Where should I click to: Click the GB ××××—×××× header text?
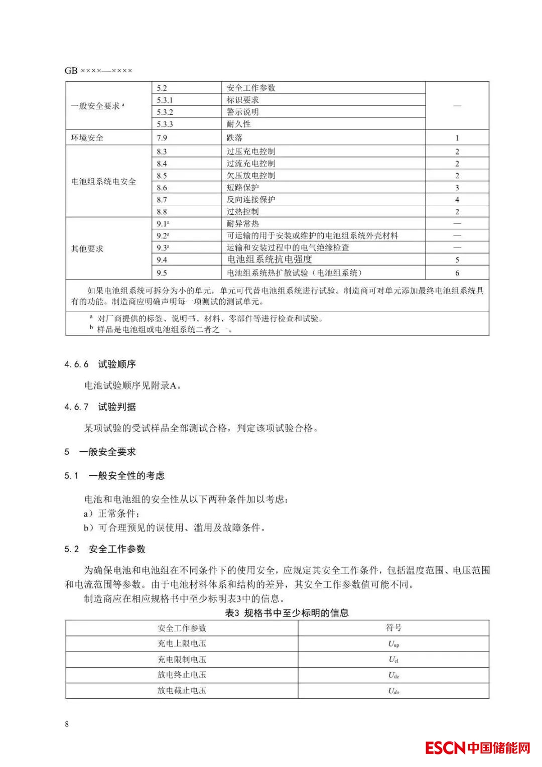click(98, 71)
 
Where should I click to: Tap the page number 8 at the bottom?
click(67, 724)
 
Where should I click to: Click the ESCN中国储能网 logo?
click(477, 747)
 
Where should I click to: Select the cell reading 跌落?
click(234, 138)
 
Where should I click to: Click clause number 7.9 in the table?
click(162, 138)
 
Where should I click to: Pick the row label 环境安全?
click(87, 138)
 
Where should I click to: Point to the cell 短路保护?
click(242, 187)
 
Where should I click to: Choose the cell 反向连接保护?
click(250, 199)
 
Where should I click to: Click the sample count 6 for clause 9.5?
click(457, 273)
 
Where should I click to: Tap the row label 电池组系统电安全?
click(103, 181)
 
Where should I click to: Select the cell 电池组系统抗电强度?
click(269, 259)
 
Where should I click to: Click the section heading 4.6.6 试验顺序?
click(100, 364)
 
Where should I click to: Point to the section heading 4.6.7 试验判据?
click(100, 407)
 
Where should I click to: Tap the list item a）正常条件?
click(111, 514)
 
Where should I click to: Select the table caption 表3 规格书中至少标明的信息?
click(287, 612)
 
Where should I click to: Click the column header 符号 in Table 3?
click(393, 627)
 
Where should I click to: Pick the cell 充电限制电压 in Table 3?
click(182, 659)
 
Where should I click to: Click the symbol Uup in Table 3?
click(393, 644)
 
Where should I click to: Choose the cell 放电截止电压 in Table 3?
click(182, 690)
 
